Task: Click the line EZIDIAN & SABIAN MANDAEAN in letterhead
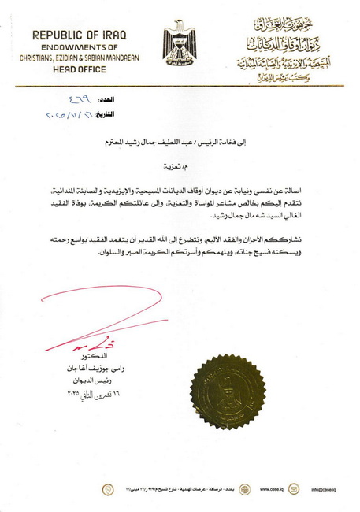80,58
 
